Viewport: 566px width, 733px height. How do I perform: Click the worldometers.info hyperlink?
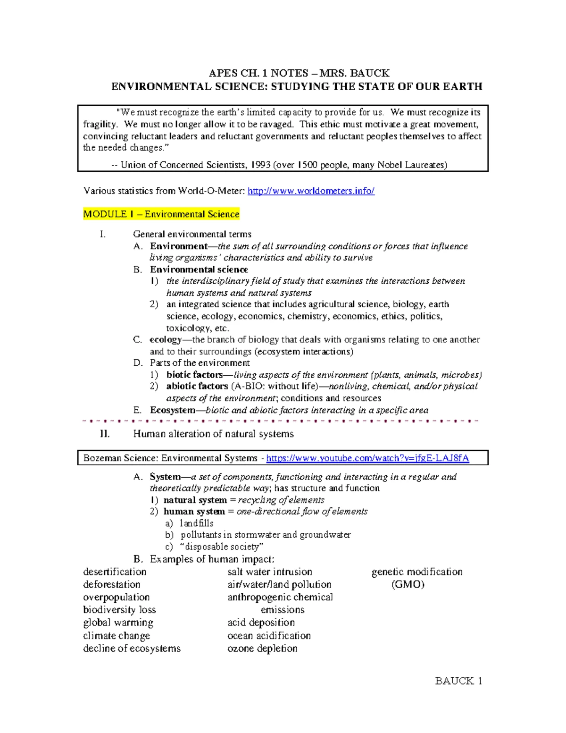(x=311, y=191)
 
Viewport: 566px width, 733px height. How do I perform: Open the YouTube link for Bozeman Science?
(x=367, y=458)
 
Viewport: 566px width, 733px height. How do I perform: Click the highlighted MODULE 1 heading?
(x=161, y=214)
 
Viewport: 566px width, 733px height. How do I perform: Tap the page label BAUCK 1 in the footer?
(x=458, y=681)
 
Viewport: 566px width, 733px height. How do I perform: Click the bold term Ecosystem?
(x=173, y=410)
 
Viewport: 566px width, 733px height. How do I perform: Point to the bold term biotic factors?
(x=194, y=375)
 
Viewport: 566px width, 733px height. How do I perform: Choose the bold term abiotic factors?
(x=197, y=387)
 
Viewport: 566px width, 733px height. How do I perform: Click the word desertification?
(x=115, y=572)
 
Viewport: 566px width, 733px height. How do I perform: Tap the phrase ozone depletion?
(x=262, y=649)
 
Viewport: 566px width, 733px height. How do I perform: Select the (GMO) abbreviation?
(x=408, y=585)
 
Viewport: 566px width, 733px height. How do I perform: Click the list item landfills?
(x=197, y=523)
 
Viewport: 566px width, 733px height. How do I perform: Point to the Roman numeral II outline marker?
(x=105, y=434)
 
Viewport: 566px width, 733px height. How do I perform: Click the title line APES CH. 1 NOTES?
(x=299, y=73)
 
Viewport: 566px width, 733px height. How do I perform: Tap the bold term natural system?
(x=195, y=500)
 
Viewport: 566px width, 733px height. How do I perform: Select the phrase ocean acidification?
(x=269, y=636)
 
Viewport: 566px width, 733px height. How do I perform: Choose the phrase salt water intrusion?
(x=270, y=572)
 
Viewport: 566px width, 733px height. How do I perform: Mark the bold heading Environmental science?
(x=199, y=270)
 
